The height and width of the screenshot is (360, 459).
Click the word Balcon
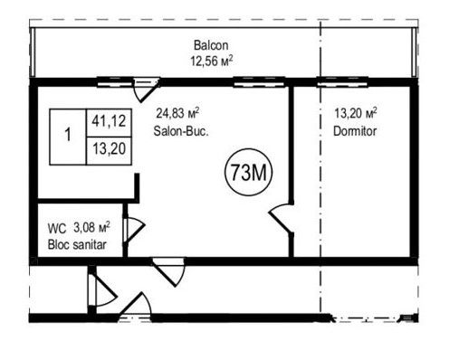[211, 45]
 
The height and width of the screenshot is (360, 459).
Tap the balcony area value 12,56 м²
[212, 61]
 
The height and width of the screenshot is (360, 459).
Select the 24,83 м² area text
[177, 113]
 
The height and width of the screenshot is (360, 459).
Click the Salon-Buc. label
[181, 131]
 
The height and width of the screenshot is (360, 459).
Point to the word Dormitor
[355, 131]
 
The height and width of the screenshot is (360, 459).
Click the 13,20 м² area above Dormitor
[356, 113]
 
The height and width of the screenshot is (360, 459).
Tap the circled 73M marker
[249, 172]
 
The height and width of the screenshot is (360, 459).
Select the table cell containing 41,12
[109, 122]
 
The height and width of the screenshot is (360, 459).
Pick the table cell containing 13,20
[109, 151]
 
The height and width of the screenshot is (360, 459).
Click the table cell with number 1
[68, 137]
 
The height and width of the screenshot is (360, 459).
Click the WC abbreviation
[57, 229]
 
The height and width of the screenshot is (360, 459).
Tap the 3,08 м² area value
[91, 227]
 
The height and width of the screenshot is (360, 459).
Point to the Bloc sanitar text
[77, 244]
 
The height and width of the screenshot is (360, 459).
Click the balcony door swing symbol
[147, 90]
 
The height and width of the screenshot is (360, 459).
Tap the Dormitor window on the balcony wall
[342, 81]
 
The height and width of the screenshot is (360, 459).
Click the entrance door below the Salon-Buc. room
[168, 272]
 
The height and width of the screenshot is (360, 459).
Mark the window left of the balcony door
[115, 81]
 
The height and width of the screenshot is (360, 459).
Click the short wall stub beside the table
[137, 186]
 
